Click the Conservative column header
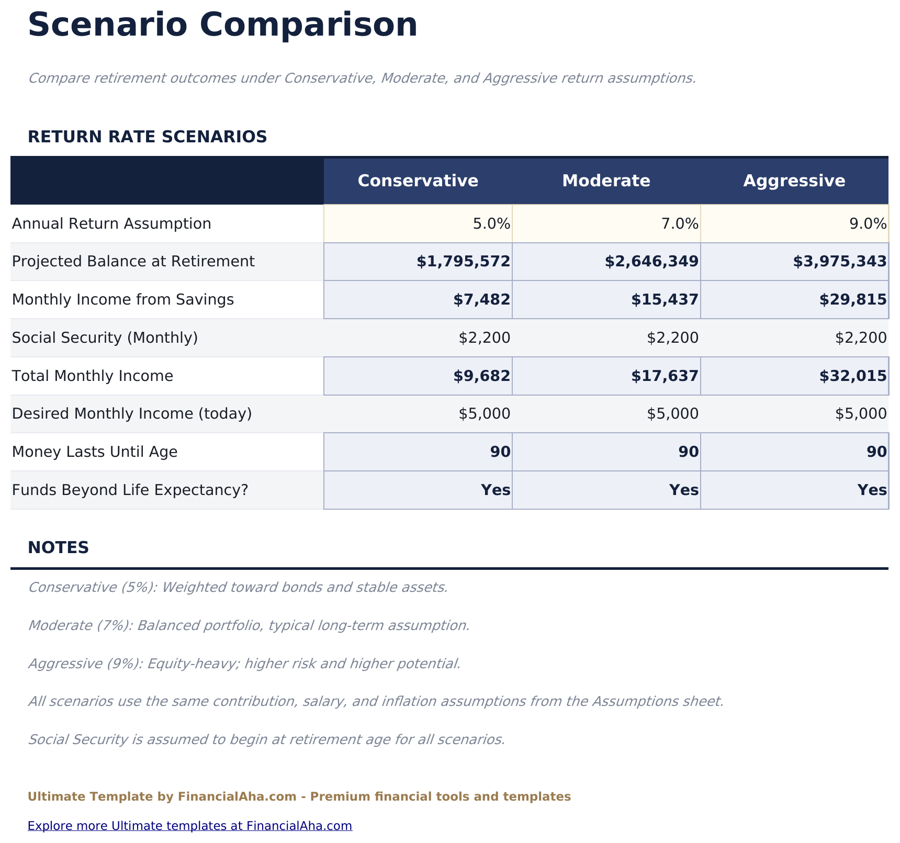tap(418, 181)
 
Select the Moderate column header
tap(606, 181)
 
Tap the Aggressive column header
tap(794, 181)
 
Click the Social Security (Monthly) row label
tap(105, 338)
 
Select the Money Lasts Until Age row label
tap(94, 452)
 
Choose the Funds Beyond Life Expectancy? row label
tap(129, 490)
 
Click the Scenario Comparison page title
tap(222, 25)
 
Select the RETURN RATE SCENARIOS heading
tap(147, 137)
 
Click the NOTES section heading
tap(58, 548)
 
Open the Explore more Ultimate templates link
tap(189, 826)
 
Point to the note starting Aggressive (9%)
tap(244, 664)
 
